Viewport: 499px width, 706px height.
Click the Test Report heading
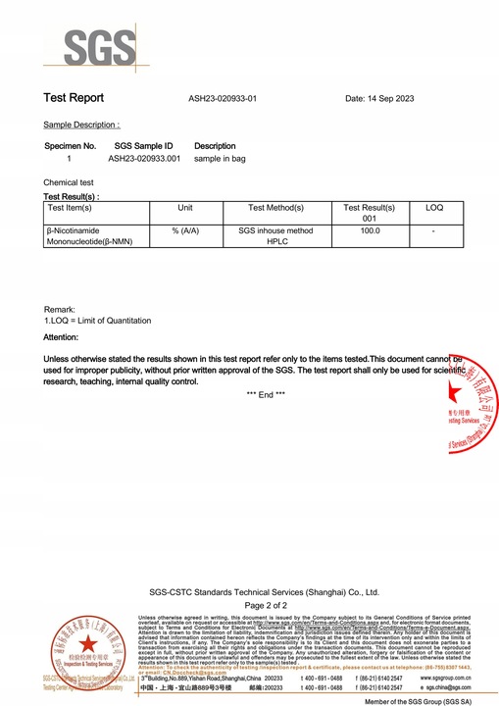[x=74, y=98]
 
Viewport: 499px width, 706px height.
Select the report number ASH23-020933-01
[x=223, y=99]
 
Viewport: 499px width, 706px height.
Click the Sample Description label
[x=81, y=126]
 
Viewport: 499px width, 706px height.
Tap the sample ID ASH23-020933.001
[x=144, y=158]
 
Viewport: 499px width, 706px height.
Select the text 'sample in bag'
[x=223, y=158]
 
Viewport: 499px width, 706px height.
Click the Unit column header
[x=184, y=209]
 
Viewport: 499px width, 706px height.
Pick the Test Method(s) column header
[x=275, y=209]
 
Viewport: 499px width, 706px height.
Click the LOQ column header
[x=433, y=209]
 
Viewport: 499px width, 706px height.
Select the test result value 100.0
[x=370, y=230]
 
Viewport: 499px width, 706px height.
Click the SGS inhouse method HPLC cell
[x=275, y=236]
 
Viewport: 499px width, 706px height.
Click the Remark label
[x=60, y=310]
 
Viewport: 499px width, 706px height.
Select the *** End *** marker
[x=265, y=393]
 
